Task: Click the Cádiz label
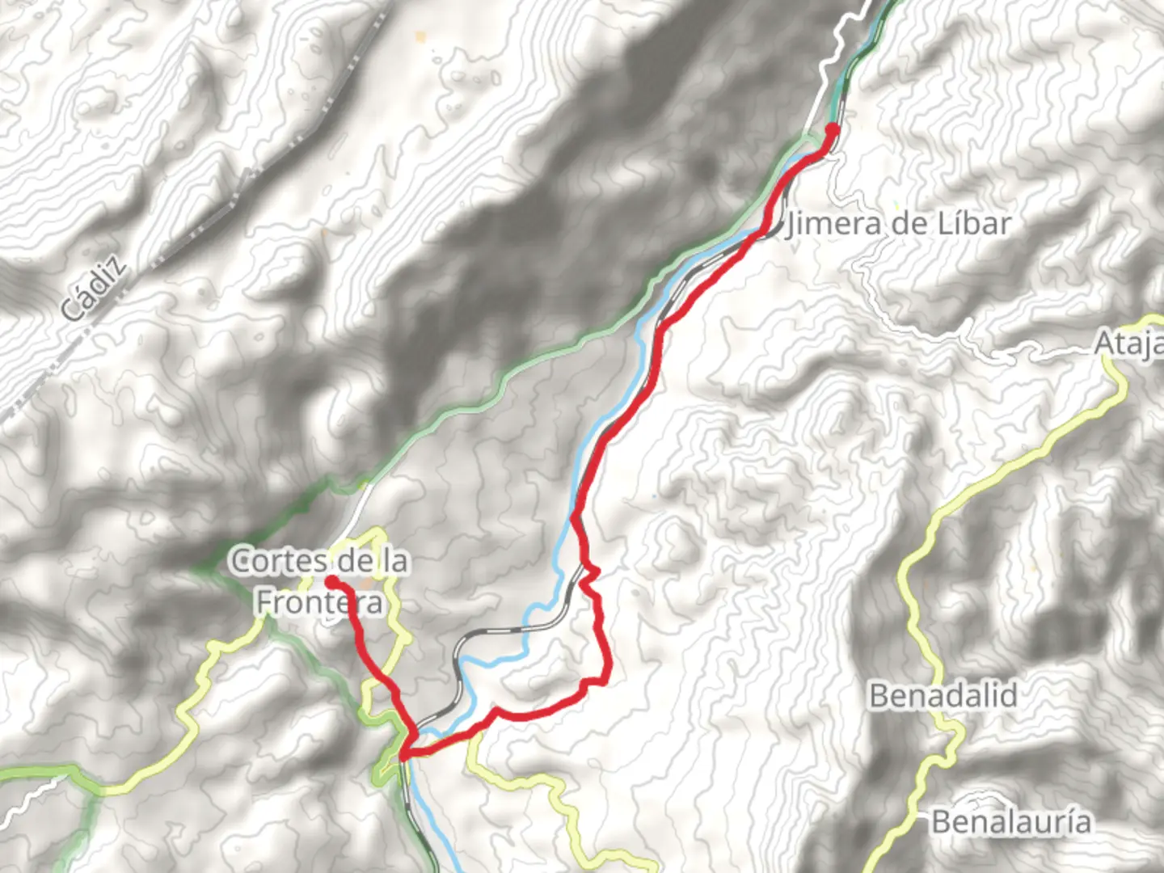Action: pyautogui.click(x=95, y=289)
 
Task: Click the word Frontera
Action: pyautogui.click(x=318, y=602)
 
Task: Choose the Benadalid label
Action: pyautogui.click(x=943, y=695)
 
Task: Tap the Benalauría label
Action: pyautogui.click(x=1011, y=822)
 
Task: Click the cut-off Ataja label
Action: pyautogui.click(x=1128, y=344)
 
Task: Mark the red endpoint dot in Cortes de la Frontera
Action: pyautogui.click(x=331, y=581)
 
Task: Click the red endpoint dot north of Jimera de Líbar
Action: pyautogui.click(x=832, y=129)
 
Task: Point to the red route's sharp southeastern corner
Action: pyautogui.click(x=605, y=680)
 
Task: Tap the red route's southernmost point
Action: pyautogui.click(x=403, y=756)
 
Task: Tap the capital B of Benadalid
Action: pyautogui.click(x=879, y=695)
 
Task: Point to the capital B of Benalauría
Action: pyautogui.click(x=941, y=822)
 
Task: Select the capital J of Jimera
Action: pyautogui.click(x=791, y=225)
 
